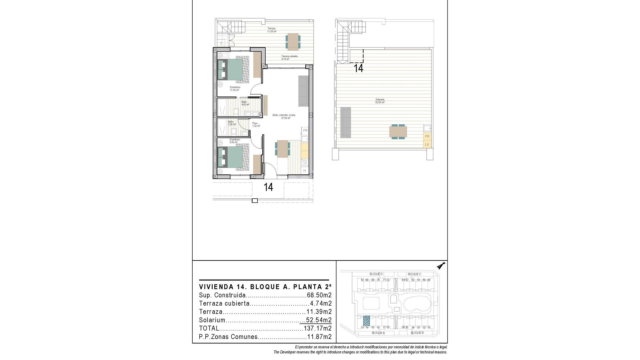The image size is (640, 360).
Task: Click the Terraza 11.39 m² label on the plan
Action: [272, 30]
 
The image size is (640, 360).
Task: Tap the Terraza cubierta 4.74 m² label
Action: [289, 58]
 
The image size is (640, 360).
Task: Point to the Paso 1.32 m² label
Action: [256, 125]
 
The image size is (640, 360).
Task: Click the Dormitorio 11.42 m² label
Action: [235, 89]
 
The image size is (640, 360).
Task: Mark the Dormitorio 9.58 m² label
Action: [235, 141]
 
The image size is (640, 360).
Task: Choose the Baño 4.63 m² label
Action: [245, 103]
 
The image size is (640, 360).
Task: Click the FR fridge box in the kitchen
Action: [305, 130]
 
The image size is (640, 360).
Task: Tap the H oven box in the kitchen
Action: [305, 171]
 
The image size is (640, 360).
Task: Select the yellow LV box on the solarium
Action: [427, 144]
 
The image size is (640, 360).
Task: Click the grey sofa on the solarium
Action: [346, 122]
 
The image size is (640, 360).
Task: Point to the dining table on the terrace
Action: [293, 41]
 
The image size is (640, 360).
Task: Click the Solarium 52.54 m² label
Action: [380, 101]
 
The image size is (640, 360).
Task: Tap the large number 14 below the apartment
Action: [268, 187]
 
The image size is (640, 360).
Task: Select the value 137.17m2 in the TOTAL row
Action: [318, 328]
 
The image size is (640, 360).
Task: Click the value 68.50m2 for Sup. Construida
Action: [319, 295]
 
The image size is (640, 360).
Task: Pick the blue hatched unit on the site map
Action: [366, 321]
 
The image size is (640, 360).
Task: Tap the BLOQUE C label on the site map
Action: [414, 274]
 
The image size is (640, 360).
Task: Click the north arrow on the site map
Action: [442, 266]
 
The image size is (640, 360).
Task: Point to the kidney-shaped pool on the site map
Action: [417, 303]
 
